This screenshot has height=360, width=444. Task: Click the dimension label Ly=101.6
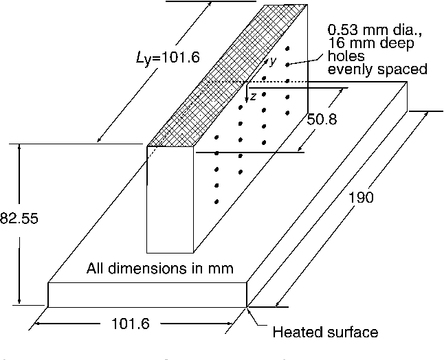point(168,58)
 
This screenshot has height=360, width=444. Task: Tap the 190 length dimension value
point(361,199)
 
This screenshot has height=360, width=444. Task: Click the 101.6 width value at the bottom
point(130,324)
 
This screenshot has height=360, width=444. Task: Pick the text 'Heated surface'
point(325,333)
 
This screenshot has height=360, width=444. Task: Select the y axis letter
point(272,61)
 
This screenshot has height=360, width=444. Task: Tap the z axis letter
point(253,96)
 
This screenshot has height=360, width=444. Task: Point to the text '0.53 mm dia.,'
point(370,31)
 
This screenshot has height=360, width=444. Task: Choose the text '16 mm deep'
point(371,44)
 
